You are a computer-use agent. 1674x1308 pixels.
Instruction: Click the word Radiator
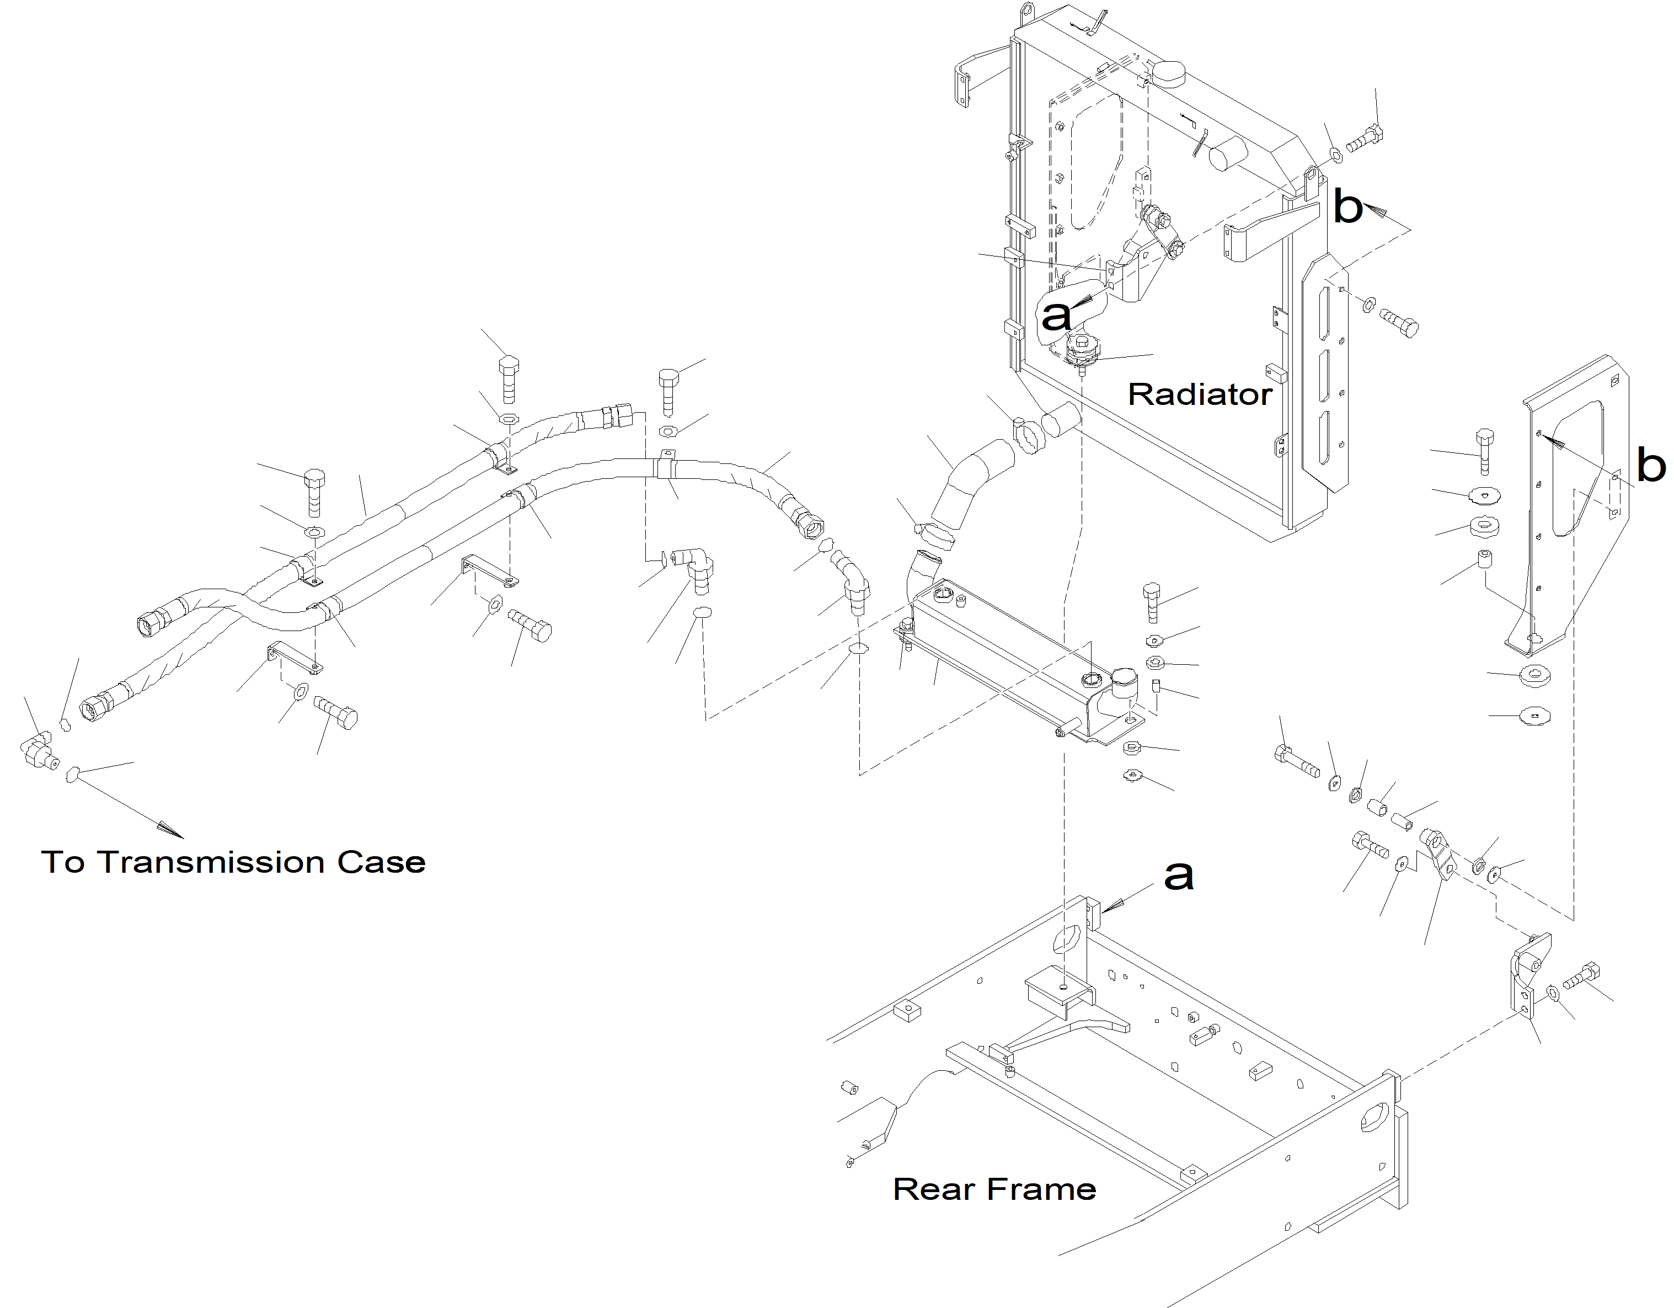(1200, 394)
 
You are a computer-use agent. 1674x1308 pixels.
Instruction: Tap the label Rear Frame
(994, 1189)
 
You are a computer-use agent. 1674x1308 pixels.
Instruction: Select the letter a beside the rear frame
(1179, 875)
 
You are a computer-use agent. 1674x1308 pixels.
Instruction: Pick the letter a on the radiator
(1056, 315)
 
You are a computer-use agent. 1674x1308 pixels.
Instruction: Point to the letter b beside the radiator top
(1348, 207)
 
